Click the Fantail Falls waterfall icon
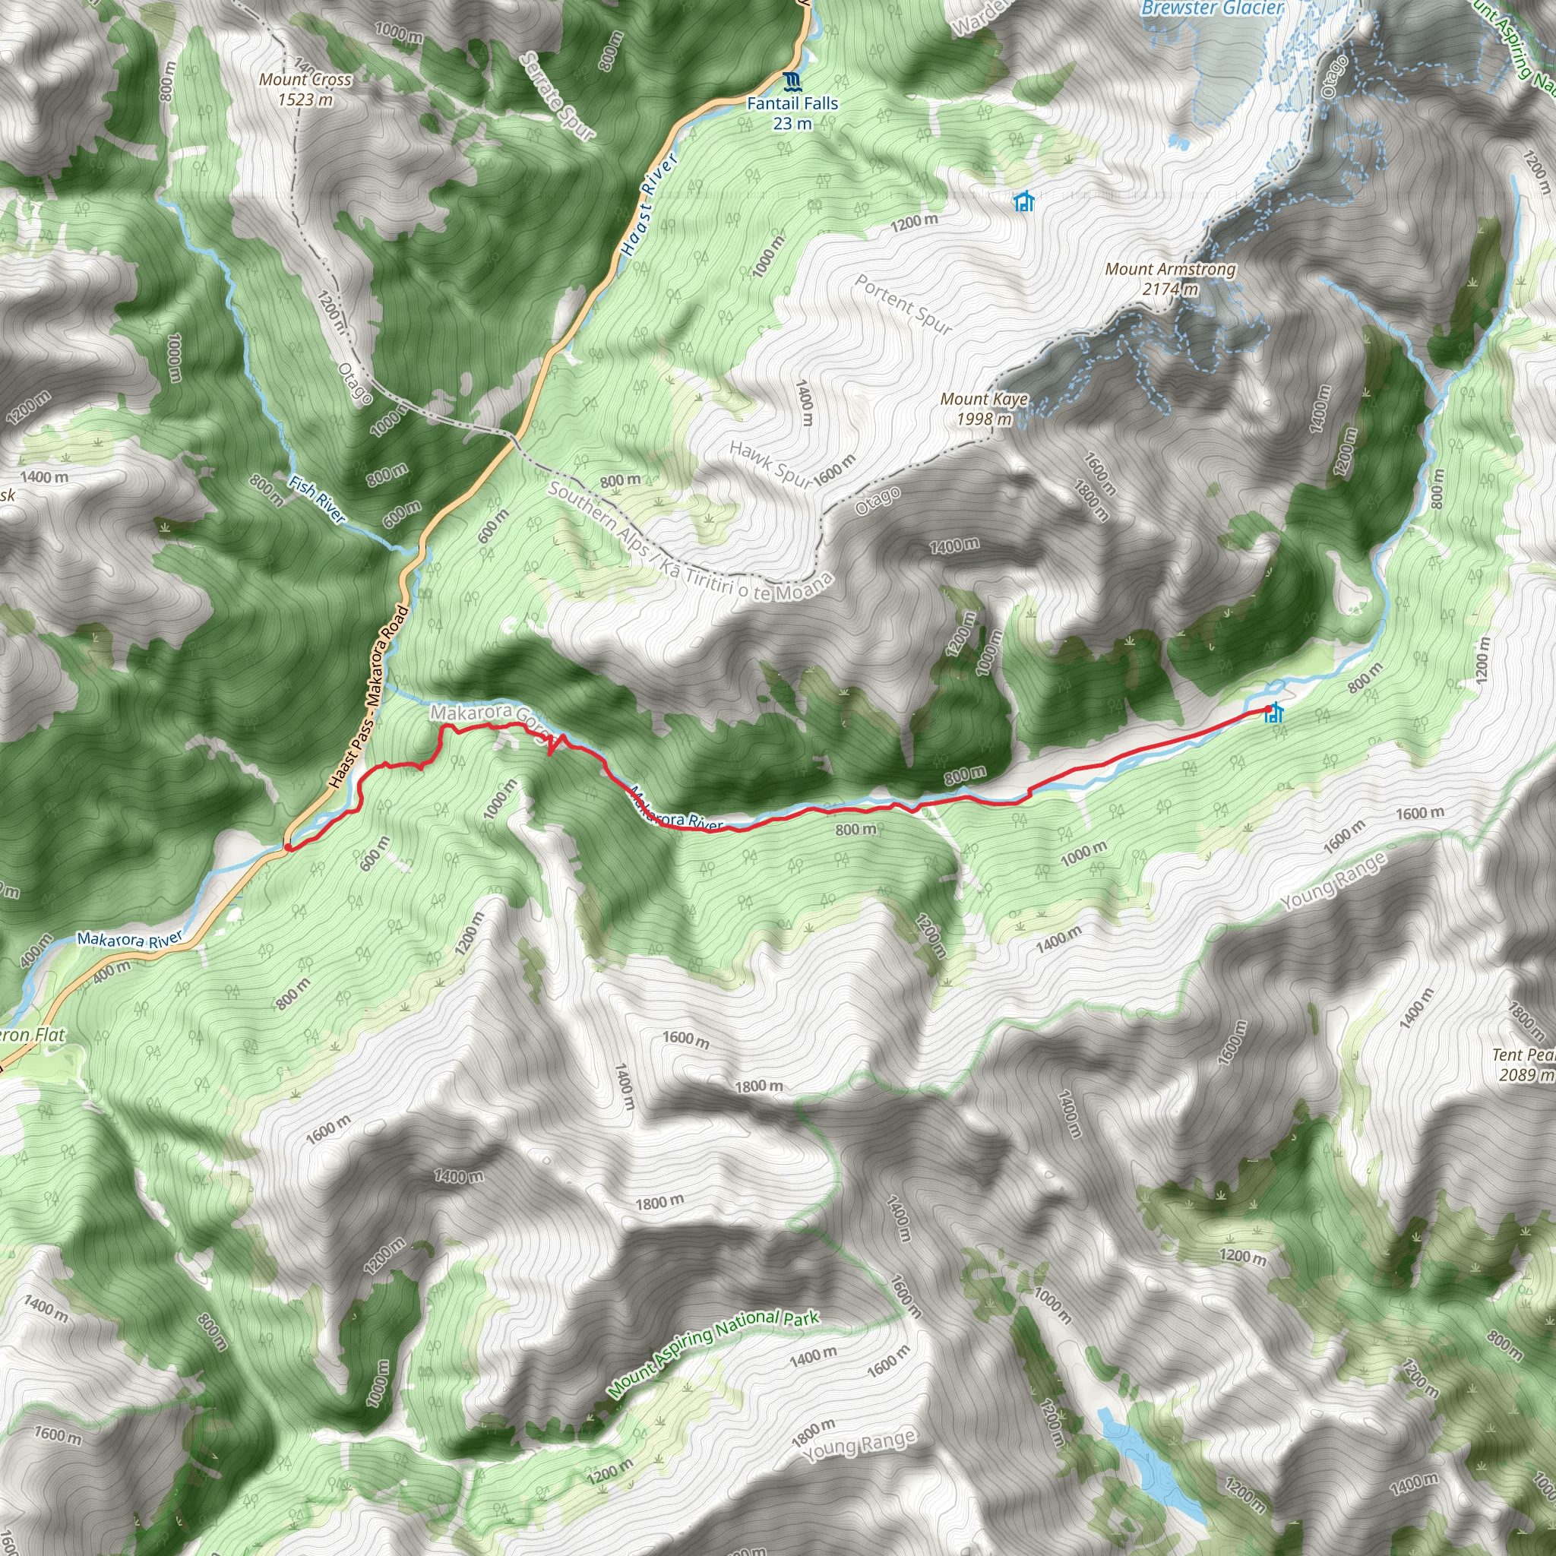tap(792, 81)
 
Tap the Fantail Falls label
tap(792, 112)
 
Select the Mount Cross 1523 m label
tap(305, 90)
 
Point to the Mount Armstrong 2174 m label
tap(1170, 279)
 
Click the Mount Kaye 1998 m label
tap(984, 408)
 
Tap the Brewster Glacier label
tap(1212, 9)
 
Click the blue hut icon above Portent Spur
tap(1023, 201)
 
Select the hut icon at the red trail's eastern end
tap(1274, 713)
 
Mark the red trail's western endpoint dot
tap(287, 847)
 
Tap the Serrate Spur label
tap(558, 96)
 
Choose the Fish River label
tap(318, 499)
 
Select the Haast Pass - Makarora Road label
tap(368, 697)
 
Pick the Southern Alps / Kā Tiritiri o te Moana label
tap(689, 541)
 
